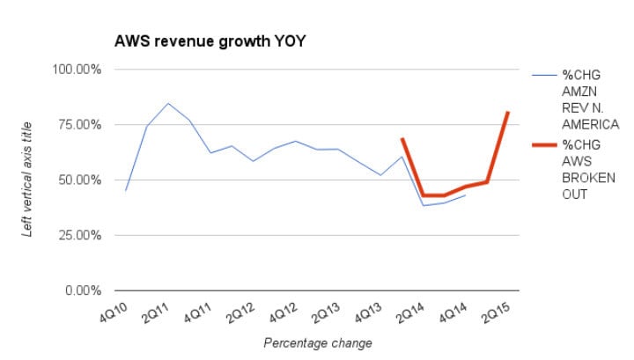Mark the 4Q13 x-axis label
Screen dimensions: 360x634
368,311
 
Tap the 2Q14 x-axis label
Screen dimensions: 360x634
410,311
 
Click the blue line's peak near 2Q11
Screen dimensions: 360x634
168,103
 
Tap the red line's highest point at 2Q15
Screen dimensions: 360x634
508,112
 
